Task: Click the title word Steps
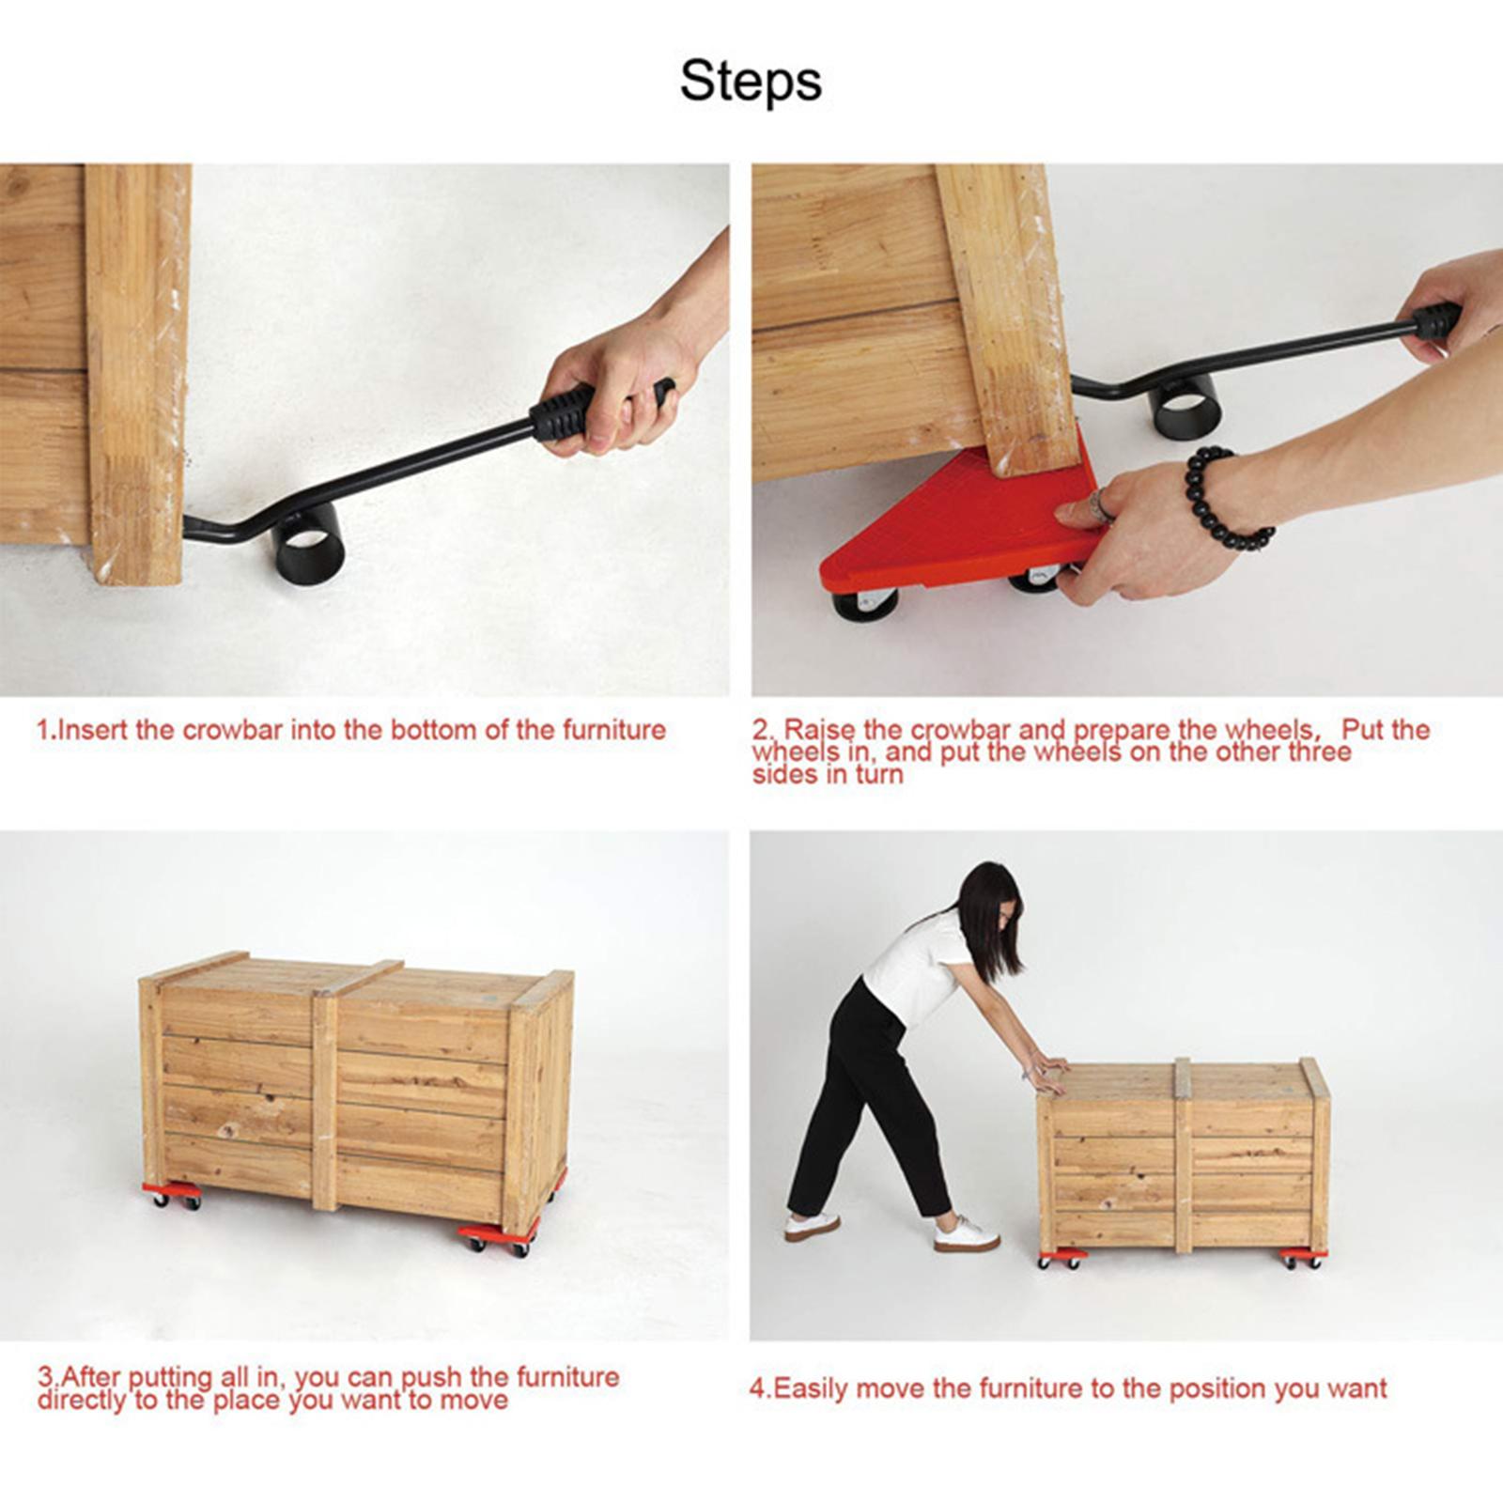click(751, 82)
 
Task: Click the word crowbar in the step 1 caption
click(232, 730)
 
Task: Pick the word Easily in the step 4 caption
click(809, 1388)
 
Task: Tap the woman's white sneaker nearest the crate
click(966, 1234)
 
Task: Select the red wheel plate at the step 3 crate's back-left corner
click(172, 1193)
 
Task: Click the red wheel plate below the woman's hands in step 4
click(1061, 1258)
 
